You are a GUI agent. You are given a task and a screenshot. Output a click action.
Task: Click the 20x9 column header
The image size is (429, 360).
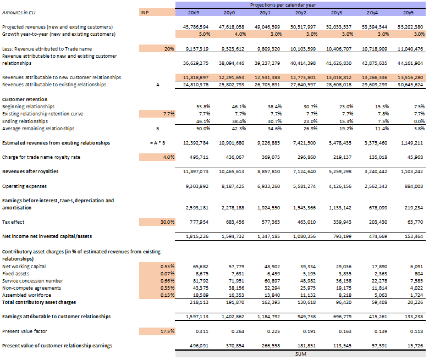193,12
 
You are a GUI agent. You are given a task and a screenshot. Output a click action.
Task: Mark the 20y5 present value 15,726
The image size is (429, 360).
415,345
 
